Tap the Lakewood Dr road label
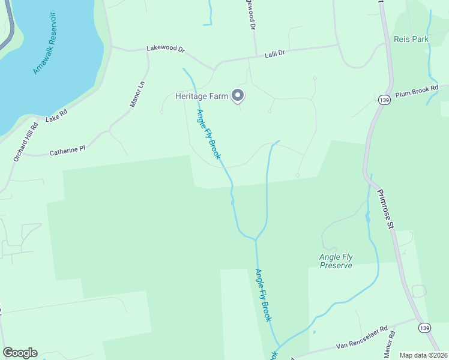[x=165, y=48]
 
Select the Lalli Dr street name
[x=274, y=54]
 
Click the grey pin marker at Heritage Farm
[x=238, y=95]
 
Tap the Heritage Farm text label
[x=202, y=96]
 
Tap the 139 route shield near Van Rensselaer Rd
[x=424, y=328]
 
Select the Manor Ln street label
[x=138, y=94]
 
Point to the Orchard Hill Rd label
[x=26, y=142]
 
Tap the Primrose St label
[x=384, y=209]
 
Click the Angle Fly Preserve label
[x=336, y=261]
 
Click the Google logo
[x=20, y=353]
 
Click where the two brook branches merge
[x=256, y=239]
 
